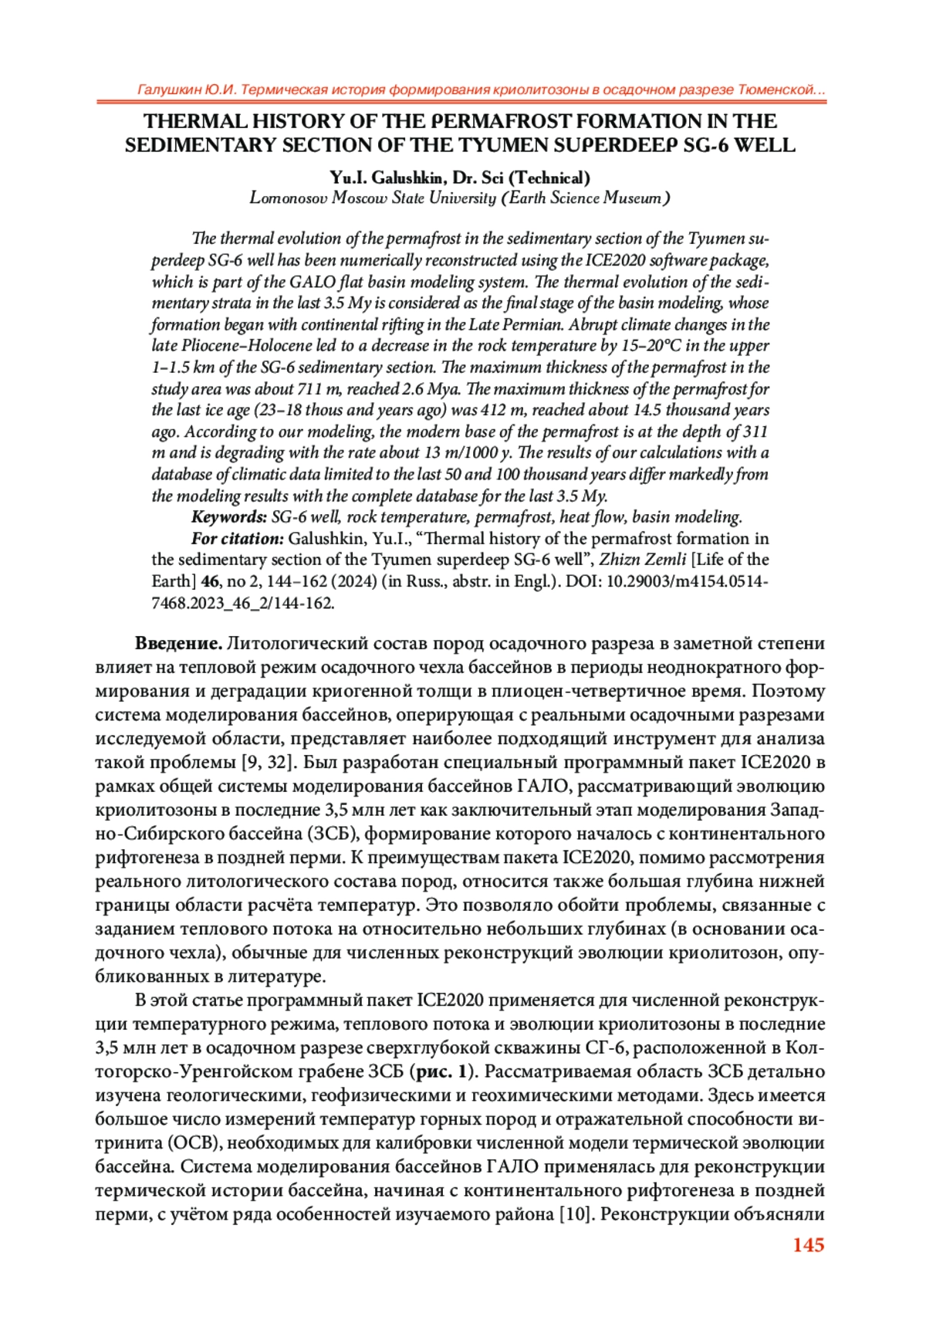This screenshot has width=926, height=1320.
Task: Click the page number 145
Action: click(808, 1245)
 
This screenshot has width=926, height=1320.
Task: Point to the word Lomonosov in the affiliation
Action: click(288, 198)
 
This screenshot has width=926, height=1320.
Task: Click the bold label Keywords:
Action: click(229, 517)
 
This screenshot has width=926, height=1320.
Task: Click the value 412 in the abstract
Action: click(492, 410)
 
